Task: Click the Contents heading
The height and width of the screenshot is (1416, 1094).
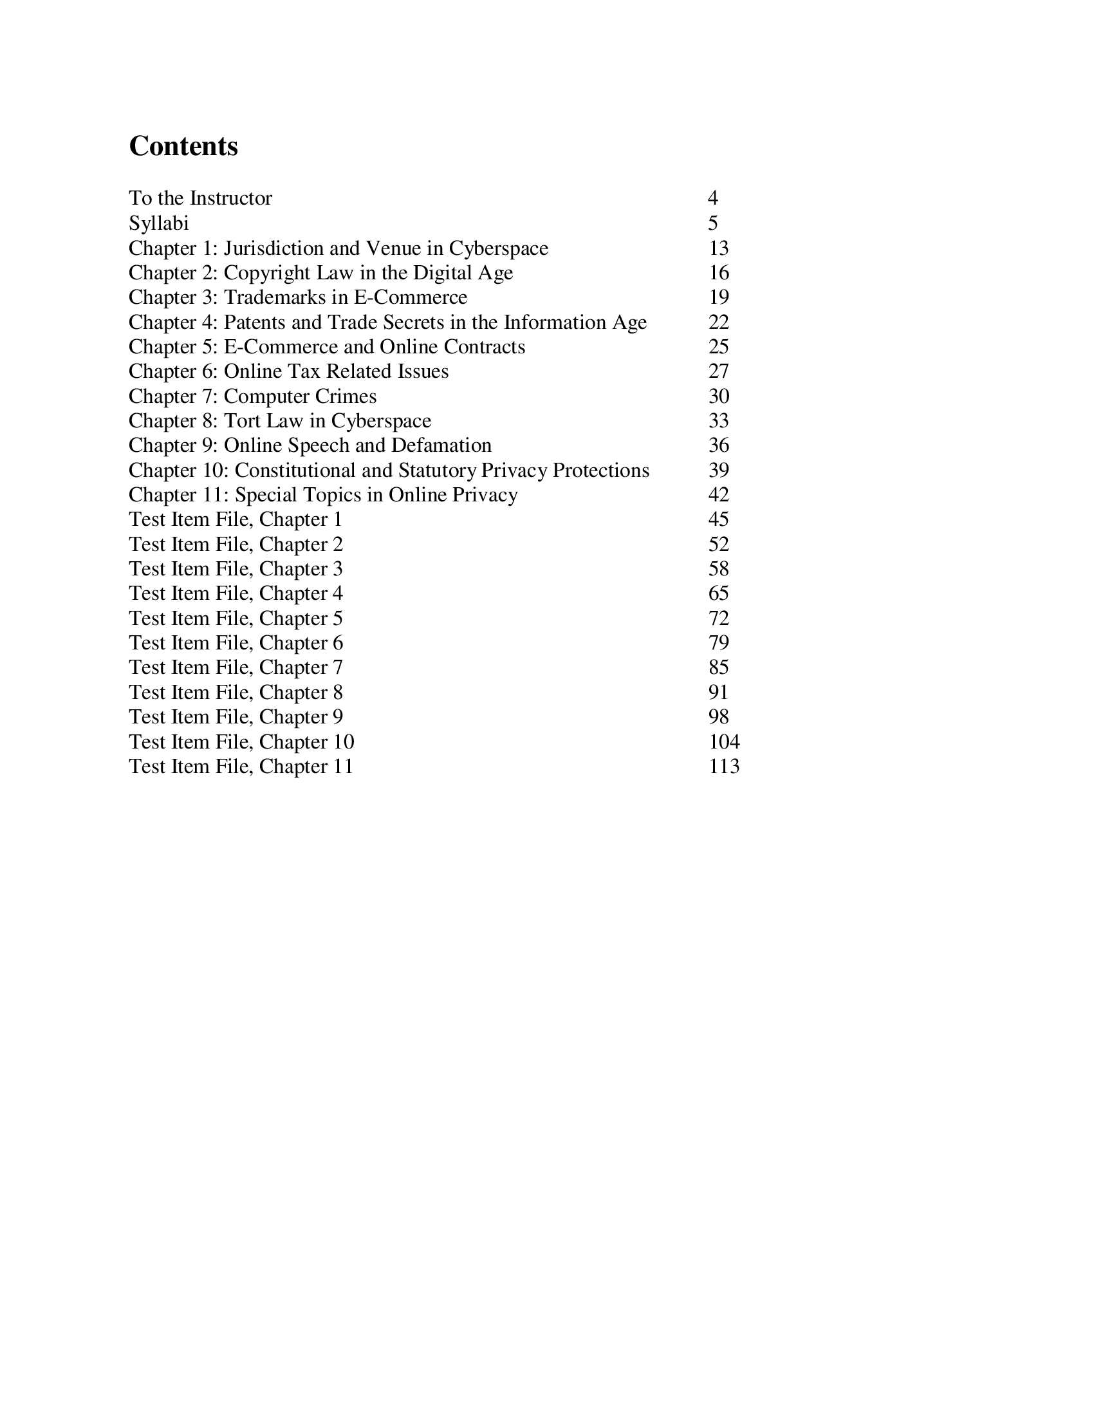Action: tap(183, 147)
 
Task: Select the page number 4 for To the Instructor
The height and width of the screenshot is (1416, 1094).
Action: tap(713, 198)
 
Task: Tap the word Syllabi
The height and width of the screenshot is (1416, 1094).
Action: tap(159, 223)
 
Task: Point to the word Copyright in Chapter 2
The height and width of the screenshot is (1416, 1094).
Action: tap(266, 273)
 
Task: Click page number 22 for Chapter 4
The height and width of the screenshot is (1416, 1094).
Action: tap(719, 322)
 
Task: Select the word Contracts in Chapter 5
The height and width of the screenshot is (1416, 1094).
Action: tap(484, 347)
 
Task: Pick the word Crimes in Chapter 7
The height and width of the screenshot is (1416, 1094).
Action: tap(346, 396)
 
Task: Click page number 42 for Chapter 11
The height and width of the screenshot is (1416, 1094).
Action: tap(719, 495)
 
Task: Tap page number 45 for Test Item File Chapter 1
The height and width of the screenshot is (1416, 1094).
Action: tap(719, 519)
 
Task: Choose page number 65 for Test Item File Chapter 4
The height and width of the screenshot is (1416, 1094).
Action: tap(719, 593)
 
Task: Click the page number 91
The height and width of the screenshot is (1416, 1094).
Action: tap(719, 693)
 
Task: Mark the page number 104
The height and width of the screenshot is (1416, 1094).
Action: tap(724, 741)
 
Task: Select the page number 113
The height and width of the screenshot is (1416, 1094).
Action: tap(724, 767)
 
